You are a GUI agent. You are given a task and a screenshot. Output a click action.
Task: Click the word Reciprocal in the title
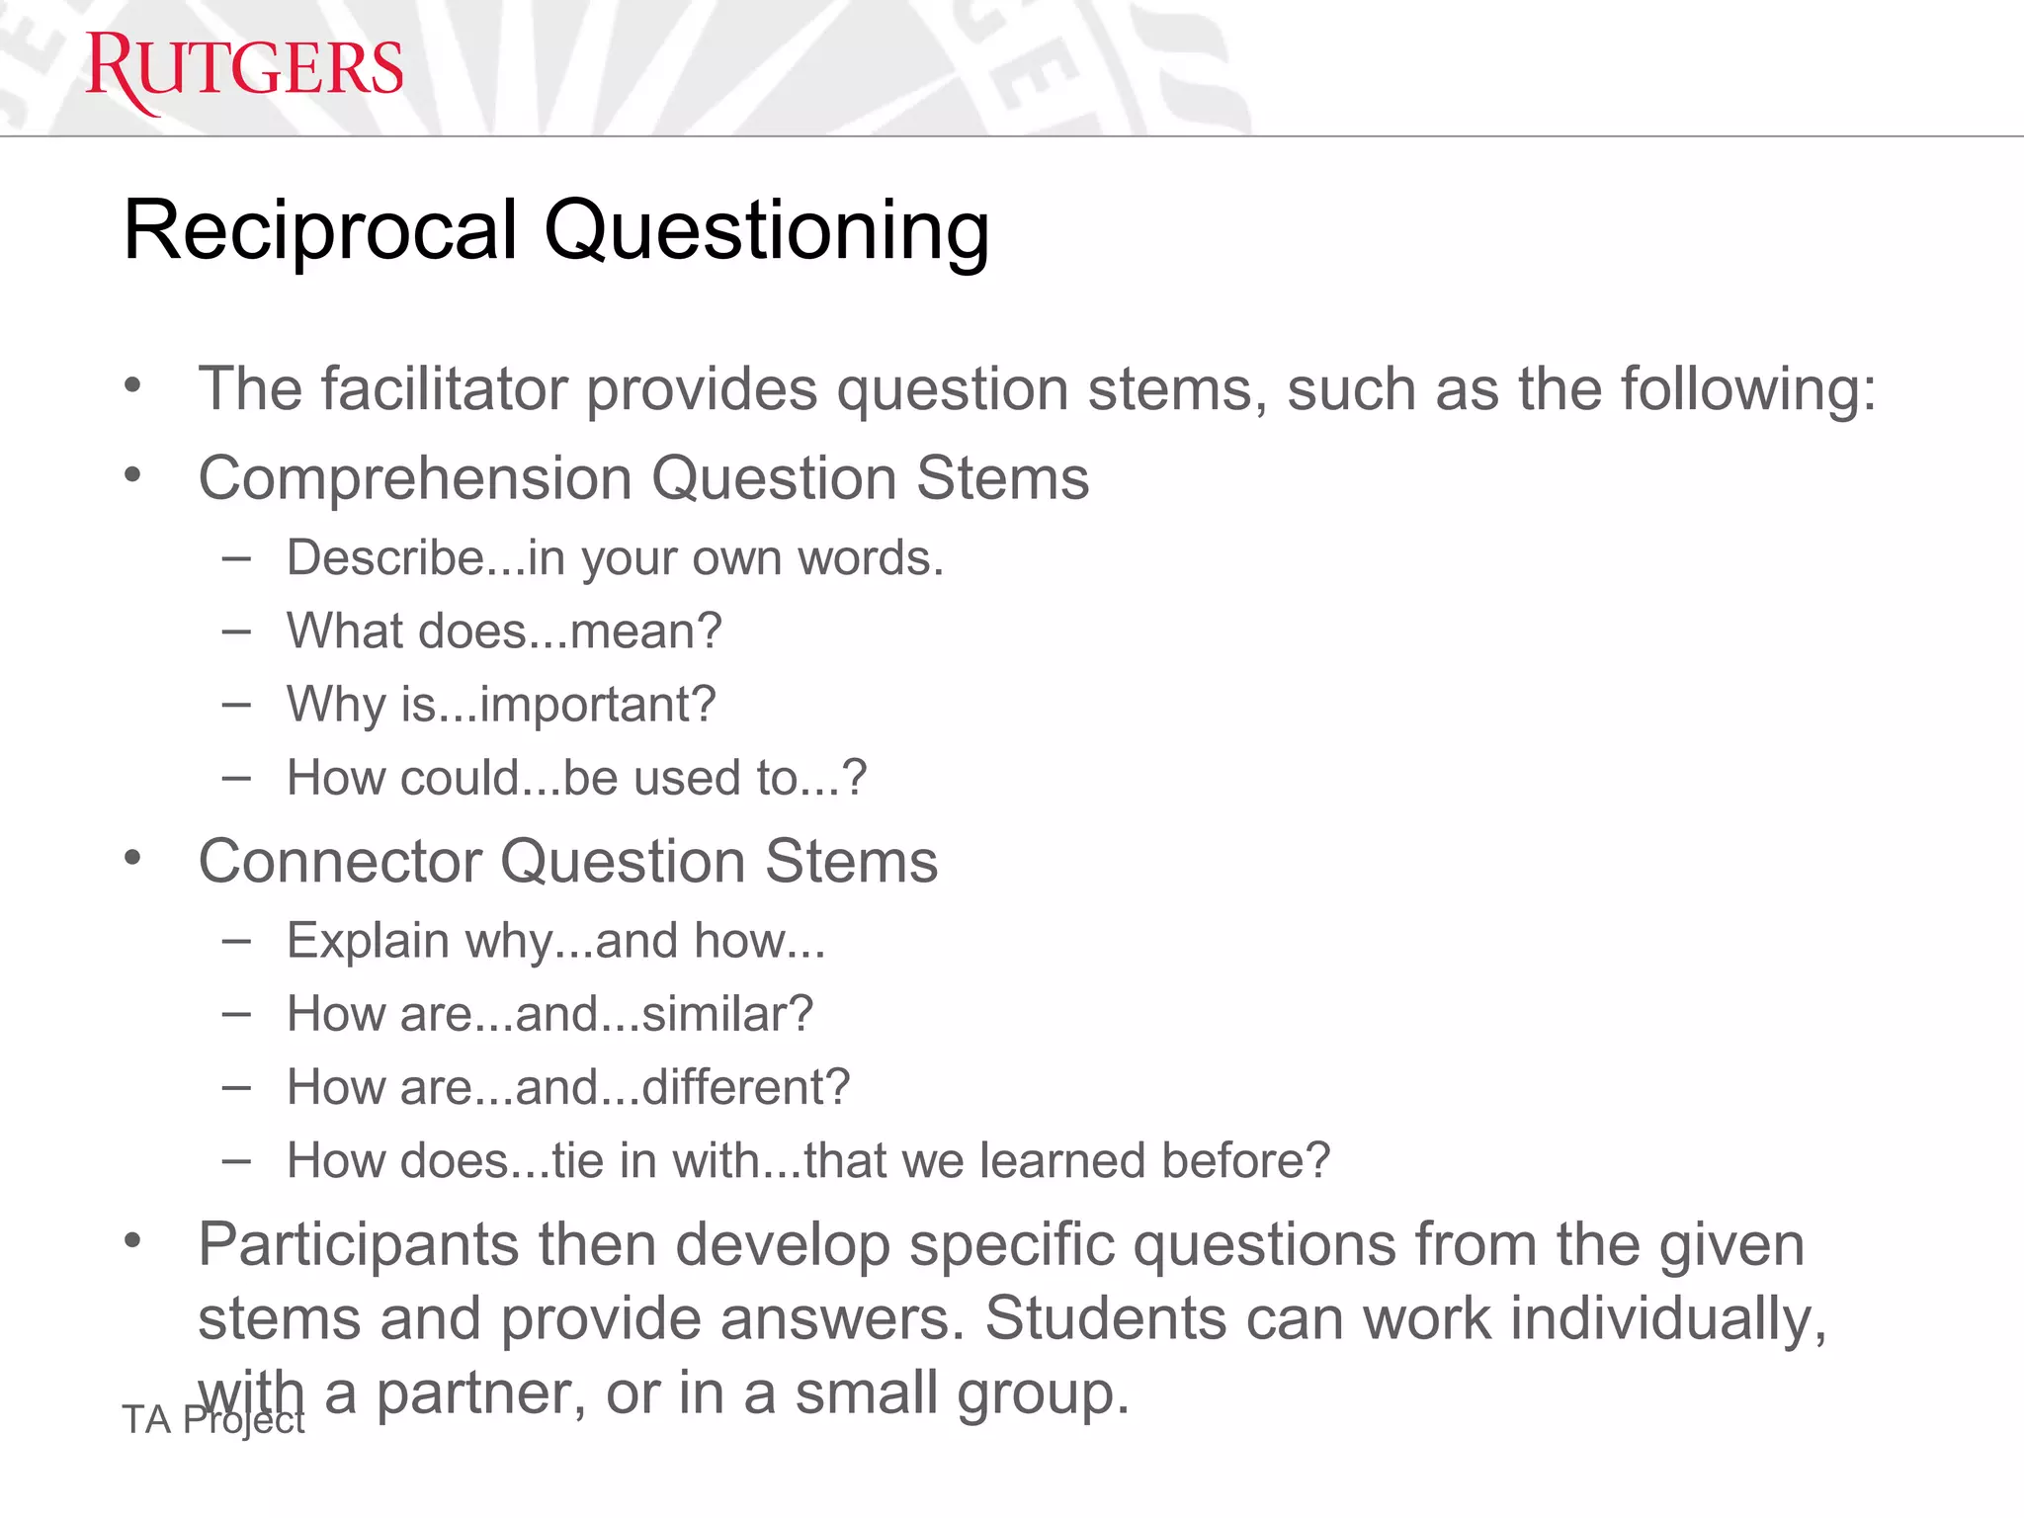[x=320, y=230]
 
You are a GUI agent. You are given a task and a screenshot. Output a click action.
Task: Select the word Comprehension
[x=414, y=478]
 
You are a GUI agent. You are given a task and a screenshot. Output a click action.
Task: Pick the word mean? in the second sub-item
[x=646, y=632]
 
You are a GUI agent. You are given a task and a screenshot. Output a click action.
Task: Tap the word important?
[x=598, y=705]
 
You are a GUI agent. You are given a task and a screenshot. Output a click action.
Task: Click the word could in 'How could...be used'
[x=460, y=778]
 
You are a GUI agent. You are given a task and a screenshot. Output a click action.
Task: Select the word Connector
[x=339, y=861]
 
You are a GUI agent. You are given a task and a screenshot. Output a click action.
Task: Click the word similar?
[x=727, y=1014]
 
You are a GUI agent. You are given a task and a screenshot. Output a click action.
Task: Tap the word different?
[x=746, y=1087]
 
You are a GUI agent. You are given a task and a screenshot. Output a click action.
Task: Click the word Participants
[x=358, y=1244]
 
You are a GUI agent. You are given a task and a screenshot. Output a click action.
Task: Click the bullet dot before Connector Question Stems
[x=133, y=858]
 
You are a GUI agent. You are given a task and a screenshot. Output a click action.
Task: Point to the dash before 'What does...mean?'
[x=236, y=632]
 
